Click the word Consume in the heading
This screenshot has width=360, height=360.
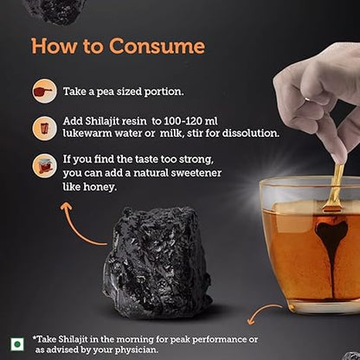tap(157, 46)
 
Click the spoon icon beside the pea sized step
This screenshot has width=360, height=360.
tap(44, 91)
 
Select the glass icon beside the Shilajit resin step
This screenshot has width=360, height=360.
tap(44, 128)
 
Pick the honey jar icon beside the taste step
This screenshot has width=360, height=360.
tap(44, 165)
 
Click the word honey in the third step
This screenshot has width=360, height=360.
tap(100, 187)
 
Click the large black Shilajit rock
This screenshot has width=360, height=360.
tap(158, 261)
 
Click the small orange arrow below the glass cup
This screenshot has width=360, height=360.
tap(262, 313)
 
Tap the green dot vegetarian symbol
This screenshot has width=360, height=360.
tap(17, 344)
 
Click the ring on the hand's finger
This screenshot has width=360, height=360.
tap(308, 100)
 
